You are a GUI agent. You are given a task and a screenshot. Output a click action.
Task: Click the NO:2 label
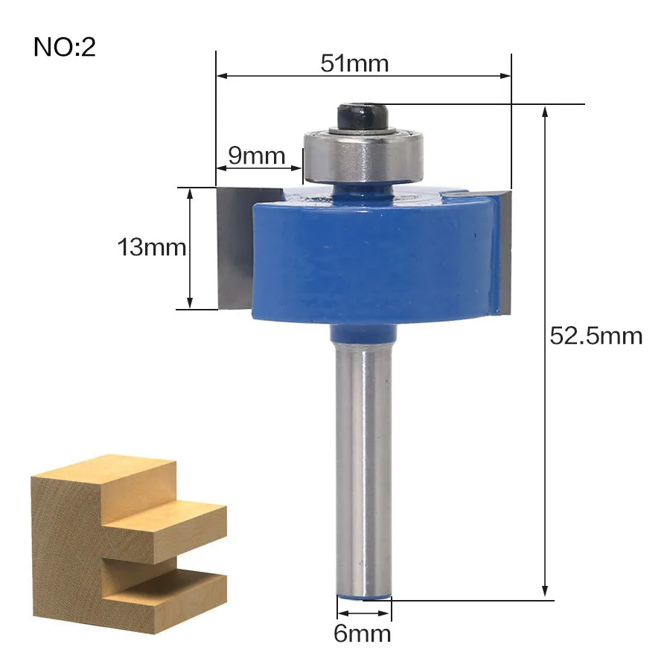[x=65, y=47]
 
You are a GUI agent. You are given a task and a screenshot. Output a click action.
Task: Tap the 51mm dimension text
[x=354, y=64]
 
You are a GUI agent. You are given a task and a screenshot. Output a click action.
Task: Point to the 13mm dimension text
[x=152, y=247]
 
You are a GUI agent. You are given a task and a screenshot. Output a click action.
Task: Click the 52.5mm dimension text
[x=596, y=336]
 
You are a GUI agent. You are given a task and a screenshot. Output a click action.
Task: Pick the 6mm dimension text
[x=363, y=634]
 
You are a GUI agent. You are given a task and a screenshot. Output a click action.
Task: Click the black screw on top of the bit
[x=363, y=116]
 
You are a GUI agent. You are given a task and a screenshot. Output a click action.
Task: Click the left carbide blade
[x=235, y=248]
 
